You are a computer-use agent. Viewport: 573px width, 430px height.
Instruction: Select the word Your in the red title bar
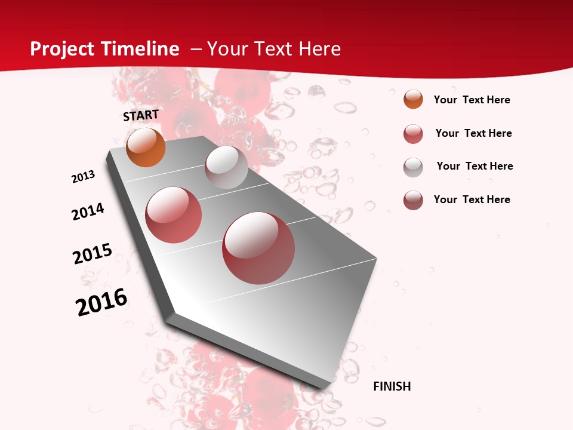[227, 49]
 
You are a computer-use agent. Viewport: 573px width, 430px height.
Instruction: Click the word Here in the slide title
[319, 49]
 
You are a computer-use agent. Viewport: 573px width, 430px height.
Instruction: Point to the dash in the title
[196, 49]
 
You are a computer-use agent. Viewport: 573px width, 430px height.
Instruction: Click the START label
[141, 115]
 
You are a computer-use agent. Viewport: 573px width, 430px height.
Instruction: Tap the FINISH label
[392, 386]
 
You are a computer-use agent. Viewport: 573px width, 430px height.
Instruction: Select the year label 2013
[83, 177]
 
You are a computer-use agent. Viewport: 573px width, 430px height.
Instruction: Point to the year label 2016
[101, 302]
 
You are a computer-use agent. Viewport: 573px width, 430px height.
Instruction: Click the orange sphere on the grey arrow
[146, 147]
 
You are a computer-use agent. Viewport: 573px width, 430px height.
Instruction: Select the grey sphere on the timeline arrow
[226, 167]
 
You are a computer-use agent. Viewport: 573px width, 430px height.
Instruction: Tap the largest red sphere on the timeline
[258, 248]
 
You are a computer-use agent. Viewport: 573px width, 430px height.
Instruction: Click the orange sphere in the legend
[413, 100]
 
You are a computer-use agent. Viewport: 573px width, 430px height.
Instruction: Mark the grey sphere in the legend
[413, 167]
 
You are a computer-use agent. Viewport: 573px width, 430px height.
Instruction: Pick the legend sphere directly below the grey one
[413, 200]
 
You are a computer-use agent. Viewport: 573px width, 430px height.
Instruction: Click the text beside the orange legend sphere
[472, 100]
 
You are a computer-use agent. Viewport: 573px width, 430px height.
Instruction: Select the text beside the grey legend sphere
[475, 166]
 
